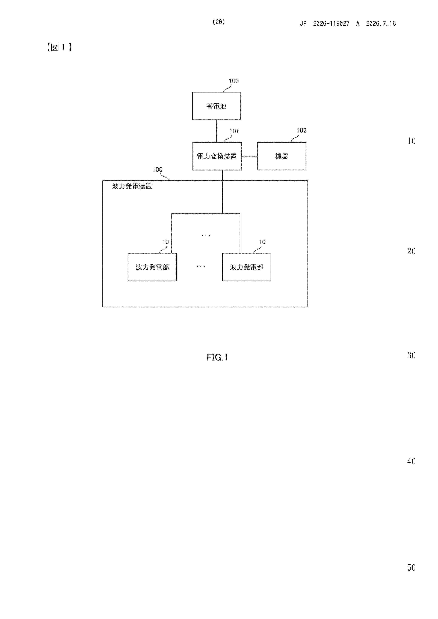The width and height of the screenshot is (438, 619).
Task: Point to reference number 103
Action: point(234,81)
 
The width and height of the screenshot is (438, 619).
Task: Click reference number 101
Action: point(234,131)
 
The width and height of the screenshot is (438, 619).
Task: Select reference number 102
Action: point(301,130)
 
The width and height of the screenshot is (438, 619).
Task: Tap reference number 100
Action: point(157,169)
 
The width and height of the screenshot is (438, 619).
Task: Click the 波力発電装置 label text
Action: point(132,186)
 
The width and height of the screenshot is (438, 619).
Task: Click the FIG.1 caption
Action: point(217,357)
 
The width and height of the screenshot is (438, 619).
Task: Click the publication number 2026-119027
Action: point(331,23)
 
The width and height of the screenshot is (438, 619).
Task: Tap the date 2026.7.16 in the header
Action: point(381,23)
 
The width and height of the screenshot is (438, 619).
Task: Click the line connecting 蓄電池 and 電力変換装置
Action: point(216,131)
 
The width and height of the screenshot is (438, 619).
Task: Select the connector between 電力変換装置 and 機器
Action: point(249,157)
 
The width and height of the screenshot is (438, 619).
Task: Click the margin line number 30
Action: point(411,355)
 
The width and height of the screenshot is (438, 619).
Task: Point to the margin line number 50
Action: point(411,567)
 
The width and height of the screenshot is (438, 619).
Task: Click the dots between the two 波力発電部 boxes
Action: point(200,266)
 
